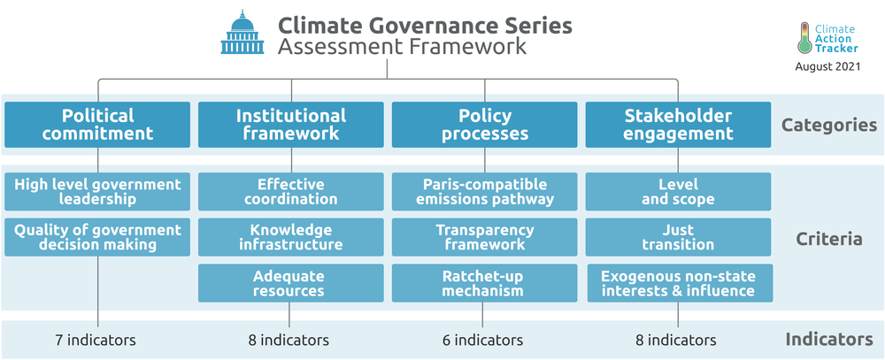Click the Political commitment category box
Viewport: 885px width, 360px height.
pyautogui.click(x=97, y=125)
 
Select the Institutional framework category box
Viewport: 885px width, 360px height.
pyautogui.click(x=290, y=125)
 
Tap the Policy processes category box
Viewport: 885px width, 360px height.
pyautogui.click(x=484, y=125)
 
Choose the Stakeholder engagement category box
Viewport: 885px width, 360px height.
pyautogui.click(x=678, y=125)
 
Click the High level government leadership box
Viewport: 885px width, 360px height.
pyautogui.click(x=97, y=192)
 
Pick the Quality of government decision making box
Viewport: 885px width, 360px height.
pyautogui.click(x=97, y=238)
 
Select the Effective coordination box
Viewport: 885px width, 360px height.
pyautogui.click(x=290, y=192)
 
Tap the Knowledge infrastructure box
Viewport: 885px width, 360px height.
pyautogui.click(x=290, y=238)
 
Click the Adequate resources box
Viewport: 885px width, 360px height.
pyautogui.click(x=290, y=283)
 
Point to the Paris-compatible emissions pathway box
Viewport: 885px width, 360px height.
pyautogui.click(x=484, y=192)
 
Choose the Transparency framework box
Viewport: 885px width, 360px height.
pyautogui.click(x=484, y=238)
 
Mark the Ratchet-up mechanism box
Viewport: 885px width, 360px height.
pyautogui.click(x=484, y=283)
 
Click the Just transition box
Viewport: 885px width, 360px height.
pyautogui.click(x=678, y=238)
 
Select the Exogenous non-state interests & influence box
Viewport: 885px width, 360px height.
pyautogui.click(x=680, y=283)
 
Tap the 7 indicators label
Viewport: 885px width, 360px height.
pyautogui.click(x=96, y=341)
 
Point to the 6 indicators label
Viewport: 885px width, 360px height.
pyautogui.click(x=482, y=341)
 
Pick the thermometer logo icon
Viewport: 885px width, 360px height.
pyautogui.click(x=805, y=38)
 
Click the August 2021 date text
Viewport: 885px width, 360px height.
pyautogui.click(x=828, y=66)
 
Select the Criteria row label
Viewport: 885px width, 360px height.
pyautogui.click(x=829, y=239)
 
